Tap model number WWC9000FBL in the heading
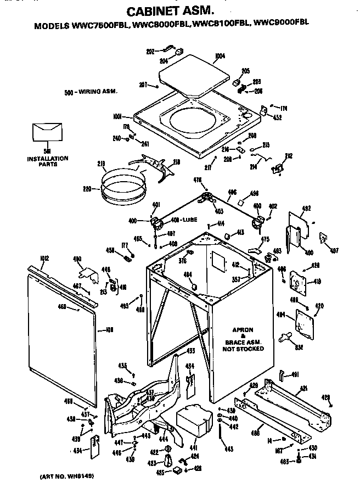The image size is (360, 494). [x=282, y=24]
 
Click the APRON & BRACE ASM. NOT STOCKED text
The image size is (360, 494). [x=242, y=339]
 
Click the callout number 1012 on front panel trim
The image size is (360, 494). [x=30, y=257]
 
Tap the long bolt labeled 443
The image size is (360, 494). [x=221, y=438]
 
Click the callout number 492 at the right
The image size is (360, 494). [x=306, y=208]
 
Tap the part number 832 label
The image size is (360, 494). [x=301, y=347]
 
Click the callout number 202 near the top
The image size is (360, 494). [x=150, y=52]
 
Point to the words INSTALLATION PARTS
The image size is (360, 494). [x=48, y=161]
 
